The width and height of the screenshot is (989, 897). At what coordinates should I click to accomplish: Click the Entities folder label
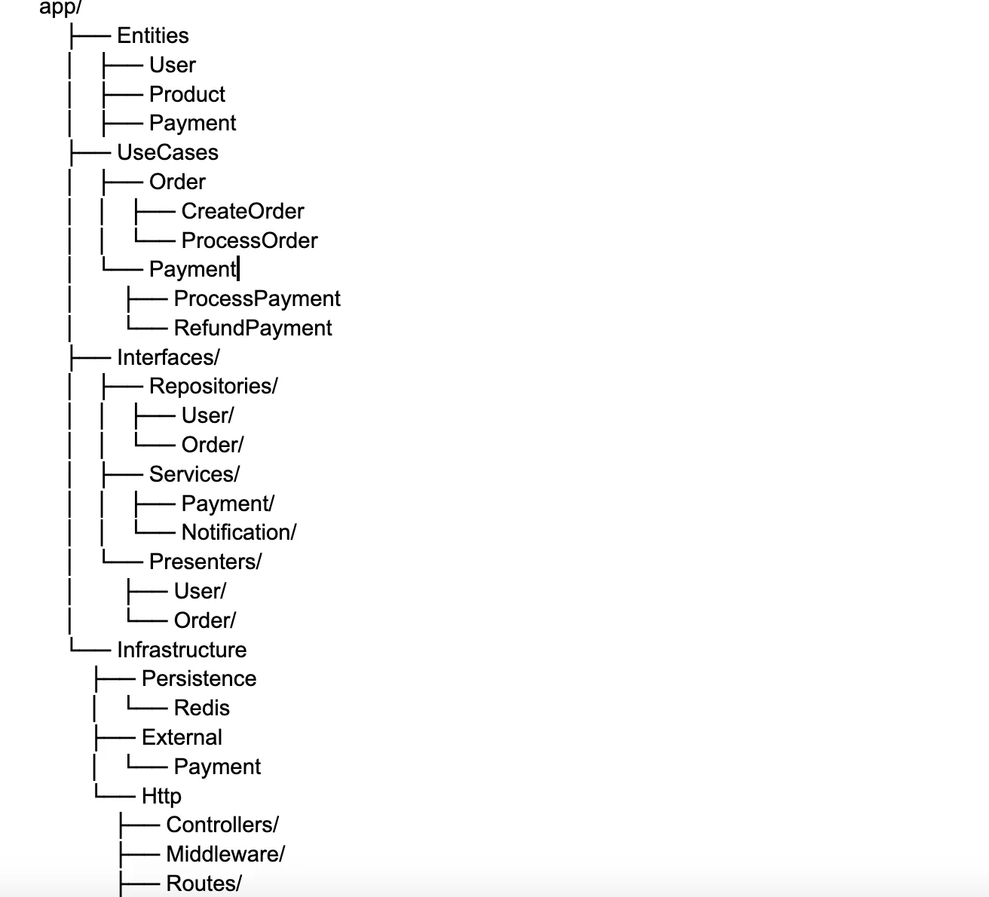click(153, 36)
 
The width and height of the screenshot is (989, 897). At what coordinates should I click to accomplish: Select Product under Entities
click(187, 94)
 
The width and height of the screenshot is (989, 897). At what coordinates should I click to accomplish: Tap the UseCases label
click(167, 152)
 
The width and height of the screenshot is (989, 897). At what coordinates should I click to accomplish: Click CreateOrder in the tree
click(243, 211)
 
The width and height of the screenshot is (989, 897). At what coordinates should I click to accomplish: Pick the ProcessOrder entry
click(250, 240)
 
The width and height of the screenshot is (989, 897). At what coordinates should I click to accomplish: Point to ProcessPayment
click(257, 298)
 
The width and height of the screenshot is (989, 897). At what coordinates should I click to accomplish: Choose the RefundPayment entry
click(253, 328)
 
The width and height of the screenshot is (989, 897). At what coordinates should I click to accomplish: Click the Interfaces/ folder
click(168, 357)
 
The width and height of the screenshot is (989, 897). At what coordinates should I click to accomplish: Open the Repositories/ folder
click(213, 386)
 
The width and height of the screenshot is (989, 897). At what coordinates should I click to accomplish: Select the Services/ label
click(194, 474)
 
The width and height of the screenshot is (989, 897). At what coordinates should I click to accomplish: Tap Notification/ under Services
click(239, 533)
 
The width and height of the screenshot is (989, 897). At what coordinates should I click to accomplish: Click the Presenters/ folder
click(206, 562)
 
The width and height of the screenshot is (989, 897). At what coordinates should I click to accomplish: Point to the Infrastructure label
click(182, 650)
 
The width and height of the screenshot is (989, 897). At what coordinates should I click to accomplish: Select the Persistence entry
click(199, 678)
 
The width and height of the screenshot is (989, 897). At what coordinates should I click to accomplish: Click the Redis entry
click(202, 708)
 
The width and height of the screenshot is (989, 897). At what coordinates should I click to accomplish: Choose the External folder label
click(182, 738)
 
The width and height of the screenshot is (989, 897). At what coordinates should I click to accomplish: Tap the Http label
click(162, 797)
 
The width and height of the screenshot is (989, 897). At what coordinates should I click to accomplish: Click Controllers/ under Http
click(222, 825)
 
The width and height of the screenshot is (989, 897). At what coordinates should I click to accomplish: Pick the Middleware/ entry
click(225, 855)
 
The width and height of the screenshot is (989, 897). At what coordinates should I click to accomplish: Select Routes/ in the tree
click(204, 883)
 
